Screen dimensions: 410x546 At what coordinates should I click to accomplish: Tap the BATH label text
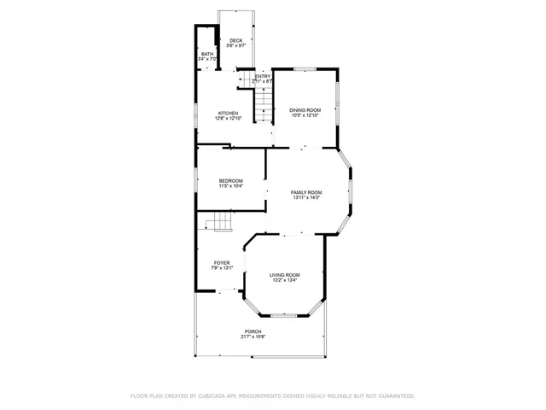207,55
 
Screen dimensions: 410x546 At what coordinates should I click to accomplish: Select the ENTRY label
263,76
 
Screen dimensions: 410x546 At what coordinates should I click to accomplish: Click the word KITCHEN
228,113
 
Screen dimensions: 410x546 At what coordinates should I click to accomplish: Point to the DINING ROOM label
305,109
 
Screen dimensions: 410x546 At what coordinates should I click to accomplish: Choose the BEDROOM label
230,180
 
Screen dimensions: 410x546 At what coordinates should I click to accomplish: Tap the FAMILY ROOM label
307,192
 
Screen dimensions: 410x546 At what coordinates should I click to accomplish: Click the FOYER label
222,263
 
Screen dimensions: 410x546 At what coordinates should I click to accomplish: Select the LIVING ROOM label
285,275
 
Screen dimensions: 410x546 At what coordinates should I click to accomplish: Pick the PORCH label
253,331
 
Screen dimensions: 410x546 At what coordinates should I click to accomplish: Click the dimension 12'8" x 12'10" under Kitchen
228,118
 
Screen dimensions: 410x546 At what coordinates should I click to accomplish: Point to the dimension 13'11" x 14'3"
307,198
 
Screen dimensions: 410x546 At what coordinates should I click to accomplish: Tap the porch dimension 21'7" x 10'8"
253,337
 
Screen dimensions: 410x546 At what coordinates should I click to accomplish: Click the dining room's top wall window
305,67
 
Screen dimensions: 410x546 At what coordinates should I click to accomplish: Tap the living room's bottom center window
284,316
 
